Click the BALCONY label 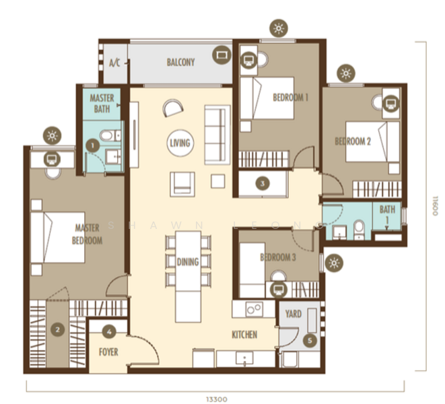180,63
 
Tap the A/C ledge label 114,63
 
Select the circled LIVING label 180,143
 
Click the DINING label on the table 188,262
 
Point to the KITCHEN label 244,335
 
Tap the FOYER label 108,351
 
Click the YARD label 294,314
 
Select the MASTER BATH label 102,103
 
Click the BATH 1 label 387,214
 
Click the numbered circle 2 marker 59,329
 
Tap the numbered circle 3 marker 263,182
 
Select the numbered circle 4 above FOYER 110,331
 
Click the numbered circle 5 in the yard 309,341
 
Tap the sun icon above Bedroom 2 346,73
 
